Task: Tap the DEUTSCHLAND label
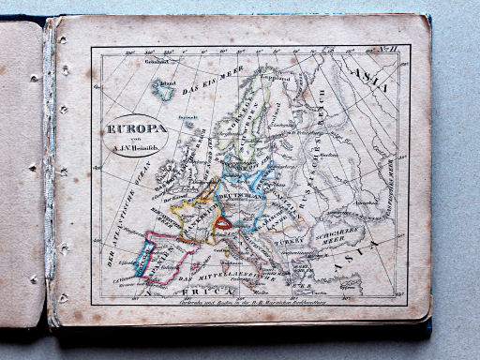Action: (x=241, y=201)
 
